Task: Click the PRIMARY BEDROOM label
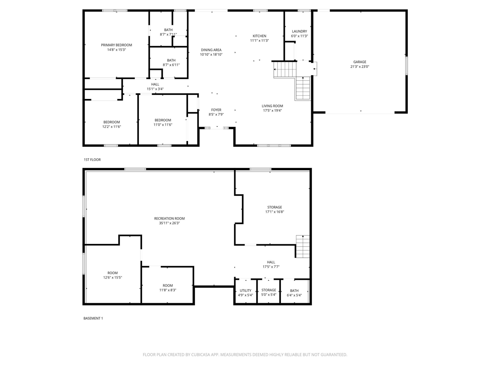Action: [116, 45]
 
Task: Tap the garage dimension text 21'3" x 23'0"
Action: [359, 67]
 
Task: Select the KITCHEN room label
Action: [259, 36]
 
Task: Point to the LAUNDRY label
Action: [299, 31]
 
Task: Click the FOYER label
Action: [216, 110]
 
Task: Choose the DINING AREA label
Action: [211, 50]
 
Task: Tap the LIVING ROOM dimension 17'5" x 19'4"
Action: [272, 110]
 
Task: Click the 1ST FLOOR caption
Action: [92, 159]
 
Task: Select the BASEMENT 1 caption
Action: [93, 318]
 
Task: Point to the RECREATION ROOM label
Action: [169, 218]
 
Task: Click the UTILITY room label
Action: [245, 291]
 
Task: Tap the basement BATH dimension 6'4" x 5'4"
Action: [294, 295]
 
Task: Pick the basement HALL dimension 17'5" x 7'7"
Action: [271, 267]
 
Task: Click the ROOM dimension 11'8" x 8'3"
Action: [167, 290]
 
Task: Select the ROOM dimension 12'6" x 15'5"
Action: [112, 278]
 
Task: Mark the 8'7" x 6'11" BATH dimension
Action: [171, 65]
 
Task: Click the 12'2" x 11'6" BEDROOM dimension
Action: [111, 127]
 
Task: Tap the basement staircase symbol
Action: [302, 247]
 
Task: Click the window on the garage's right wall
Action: [407, 66]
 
